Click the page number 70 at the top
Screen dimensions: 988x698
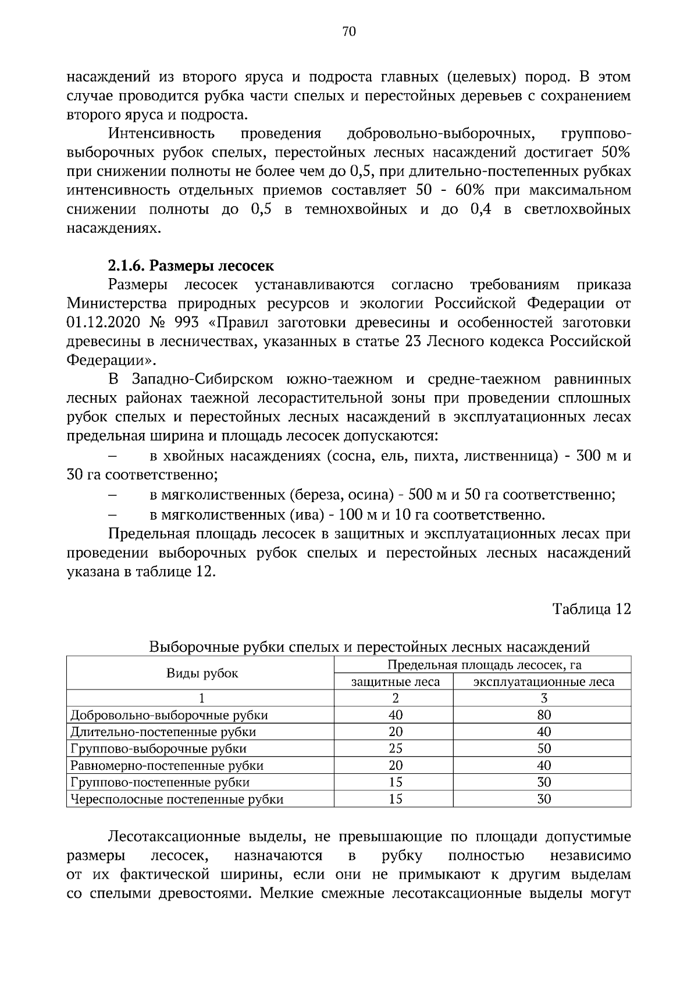349,32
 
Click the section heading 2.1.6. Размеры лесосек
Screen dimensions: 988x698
191,266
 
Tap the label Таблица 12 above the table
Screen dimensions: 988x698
592,609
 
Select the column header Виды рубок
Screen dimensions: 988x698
202,673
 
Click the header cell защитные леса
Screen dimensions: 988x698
396,681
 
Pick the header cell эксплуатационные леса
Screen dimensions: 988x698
544,681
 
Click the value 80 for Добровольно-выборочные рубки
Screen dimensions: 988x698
544,715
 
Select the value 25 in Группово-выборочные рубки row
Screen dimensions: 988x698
396,748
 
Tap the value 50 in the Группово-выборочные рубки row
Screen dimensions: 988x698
544,748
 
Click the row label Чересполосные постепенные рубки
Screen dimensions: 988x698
177,799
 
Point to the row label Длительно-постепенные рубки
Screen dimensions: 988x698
163,732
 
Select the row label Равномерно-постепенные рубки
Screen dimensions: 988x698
167,765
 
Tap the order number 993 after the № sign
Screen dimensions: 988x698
186,322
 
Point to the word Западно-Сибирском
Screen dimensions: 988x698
203,379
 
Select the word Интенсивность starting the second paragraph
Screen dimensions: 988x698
161,134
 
